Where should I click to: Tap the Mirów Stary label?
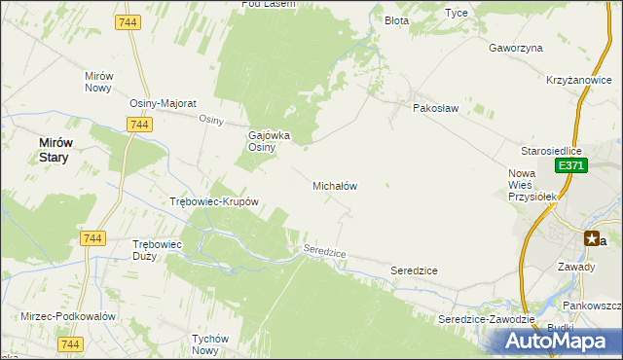[54, 149]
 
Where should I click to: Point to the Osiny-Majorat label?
[164, 103]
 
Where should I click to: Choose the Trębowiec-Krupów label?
[213, 202]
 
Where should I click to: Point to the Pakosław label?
[434, 108]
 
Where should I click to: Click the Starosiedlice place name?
[551, 151]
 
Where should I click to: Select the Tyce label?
[456, 13]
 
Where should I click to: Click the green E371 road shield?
[570, 167]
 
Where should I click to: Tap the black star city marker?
[591, 238]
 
